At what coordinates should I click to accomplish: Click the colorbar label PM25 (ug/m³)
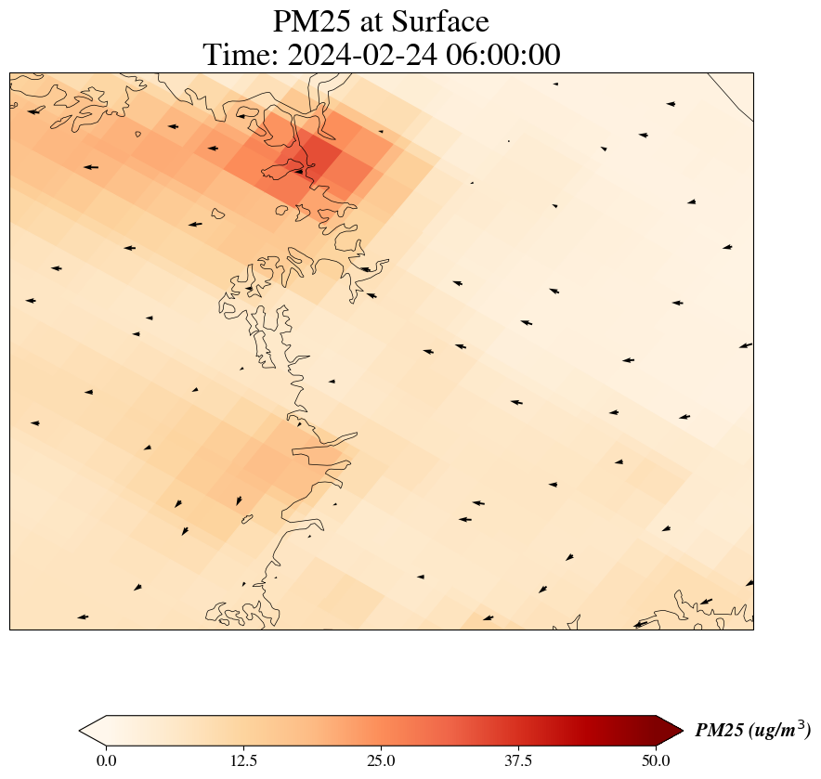pos(752,731)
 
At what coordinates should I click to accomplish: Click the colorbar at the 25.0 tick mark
pos(381,731)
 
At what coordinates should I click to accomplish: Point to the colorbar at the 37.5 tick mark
pos(518,731)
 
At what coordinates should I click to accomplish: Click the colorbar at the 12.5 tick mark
pos(243,731)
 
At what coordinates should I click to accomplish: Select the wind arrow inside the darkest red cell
pos(299,171)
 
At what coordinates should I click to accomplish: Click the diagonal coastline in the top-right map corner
pos(732,98)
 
